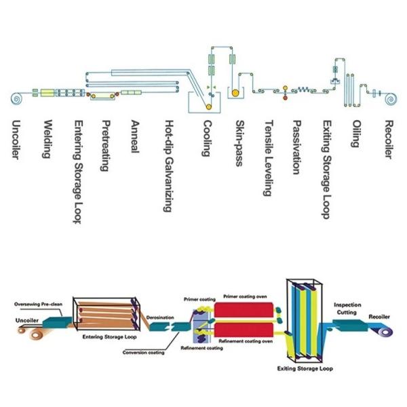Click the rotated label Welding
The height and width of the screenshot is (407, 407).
click(47, 139)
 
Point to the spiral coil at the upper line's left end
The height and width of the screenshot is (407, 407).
click(15, 99)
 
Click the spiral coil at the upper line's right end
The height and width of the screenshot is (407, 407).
click(391, 99)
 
